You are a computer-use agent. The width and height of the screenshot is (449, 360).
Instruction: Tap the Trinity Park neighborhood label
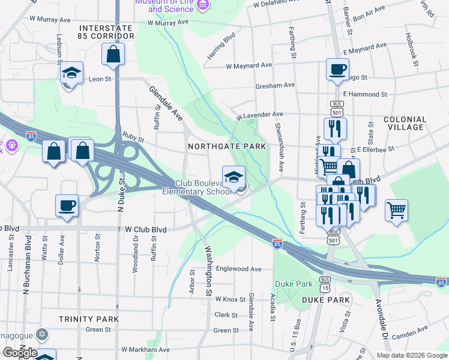pos(88,319)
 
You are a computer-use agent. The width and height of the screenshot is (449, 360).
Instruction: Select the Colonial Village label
pos(409,123)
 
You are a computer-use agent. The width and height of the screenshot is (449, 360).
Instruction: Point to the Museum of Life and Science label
pos(164,5)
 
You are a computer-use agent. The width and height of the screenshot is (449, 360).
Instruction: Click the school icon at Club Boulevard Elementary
pos(234,177)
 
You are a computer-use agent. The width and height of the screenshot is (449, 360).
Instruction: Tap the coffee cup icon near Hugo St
pos(337,68)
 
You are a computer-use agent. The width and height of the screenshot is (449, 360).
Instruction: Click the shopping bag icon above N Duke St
pos(113,55)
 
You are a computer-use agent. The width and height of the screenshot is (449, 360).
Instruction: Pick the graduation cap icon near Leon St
pos(72,74)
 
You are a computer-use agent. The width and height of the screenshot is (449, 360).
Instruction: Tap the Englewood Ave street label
pos(239,269)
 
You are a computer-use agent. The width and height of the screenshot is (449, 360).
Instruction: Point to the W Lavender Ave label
pos(259,114)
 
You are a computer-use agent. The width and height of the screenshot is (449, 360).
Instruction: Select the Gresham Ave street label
pos(275,85)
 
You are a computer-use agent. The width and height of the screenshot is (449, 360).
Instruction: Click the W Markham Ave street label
pos(146,349)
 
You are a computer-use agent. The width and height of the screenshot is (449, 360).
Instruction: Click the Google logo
pos(20,352)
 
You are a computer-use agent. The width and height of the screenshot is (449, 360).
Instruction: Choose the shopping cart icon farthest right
pos(396,211)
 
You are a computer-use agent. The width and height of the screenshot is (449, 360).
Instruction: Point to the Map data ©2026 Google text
pos(411,355)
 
